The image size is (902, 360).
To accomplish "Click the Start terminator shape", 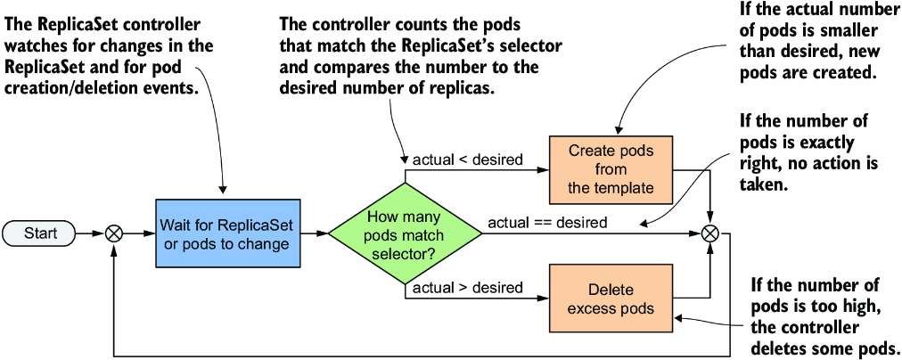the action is click(39, 233).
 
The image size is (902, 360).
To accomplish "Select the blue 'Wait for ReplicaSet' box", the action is click(228, 233).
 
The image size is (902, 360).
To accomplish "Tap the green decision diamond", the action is click(406, 233).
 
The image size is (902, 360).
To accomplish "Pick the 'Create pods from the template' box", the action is click(611, 169).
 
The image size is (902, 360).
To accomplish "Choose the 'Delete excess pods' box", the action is click(611, 299).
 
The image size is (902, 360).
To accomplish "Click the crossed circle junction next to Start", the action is click(115, 233).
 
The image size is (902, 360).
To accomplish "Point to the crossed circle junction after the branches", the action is click(711, 233).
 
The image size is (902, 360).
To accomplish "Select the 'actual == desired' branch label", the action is click(547, 222).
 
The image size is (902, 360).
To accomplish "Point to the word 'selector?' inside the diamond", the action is click(406, 252).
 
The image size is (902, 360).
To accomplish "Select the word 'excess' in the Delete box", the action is click(589, 308).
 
